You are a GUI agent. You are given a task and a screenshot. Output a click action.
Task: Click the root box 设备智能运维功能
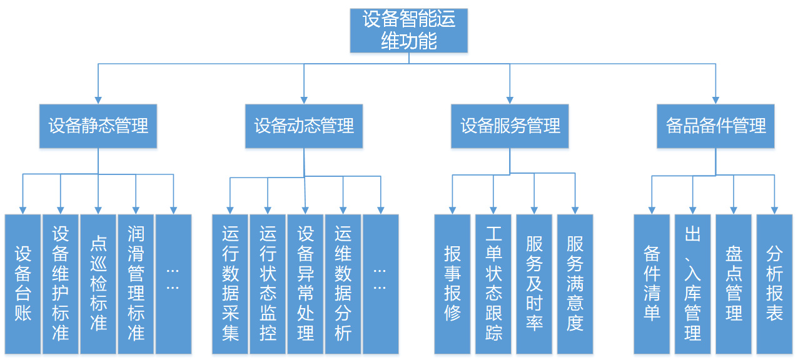click(x=408, y=30)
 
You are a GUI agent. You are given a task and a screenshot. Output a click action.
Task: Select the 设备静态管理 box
click(x=98, y=126)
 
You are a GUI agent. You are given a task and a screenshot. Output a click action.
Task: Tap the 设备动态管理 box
click(x=304, y=126)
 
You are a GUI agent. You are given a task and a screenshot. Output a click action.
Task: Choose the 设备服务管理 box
click(x=510, y=126)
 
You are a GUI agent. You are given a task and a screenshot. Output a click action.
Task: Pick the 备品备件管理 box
click(x=715, y=126)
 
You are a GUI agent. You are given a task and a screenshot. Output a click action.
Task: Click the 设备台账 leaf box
click(x=23, y=284)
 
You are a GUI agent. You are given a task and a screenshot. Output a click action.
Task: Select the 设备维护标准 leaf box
click(x=61, y=284)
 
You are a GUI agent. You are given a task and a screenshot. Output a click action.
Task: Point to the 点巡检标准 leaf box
click(x=98, y=284)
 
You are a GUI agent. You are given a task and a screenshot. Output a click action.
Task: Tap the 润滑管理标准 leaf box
click(x=136, y=284)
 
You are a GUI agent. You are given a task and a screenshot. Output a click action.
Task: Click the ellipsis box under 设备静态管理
click(x=173, y=284)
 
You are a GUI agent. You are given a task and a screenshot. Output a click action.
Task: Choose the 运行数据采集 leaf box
click(x=230, y=284)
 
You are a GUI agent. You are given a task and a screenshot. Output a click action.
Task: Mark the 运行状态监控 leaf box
click(x=268, y=284)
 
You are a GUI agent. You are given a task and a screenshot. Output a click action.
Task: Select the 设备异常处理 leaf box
click(x=305, y=284)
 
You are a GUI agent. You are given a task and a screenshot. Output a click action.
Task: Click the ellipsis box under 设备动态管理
click(x=380, y=284)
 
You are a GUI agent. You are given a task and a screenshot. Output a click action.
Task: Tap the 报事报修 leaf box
click(x=452, y=284)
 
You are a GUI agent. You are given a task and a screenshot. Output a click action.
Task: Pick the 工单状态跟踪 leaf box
click(x=493, y=284)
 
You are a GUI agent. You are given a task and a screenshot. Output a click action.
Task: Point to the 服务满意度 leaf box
click(x=575, y=284)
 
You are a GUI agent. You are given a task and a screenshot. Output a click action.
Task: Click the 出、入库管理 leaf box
click(x=692, y=284)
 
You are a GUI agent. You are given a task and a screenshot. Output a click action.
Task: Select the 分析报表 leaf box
click(x=774, y=284)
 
